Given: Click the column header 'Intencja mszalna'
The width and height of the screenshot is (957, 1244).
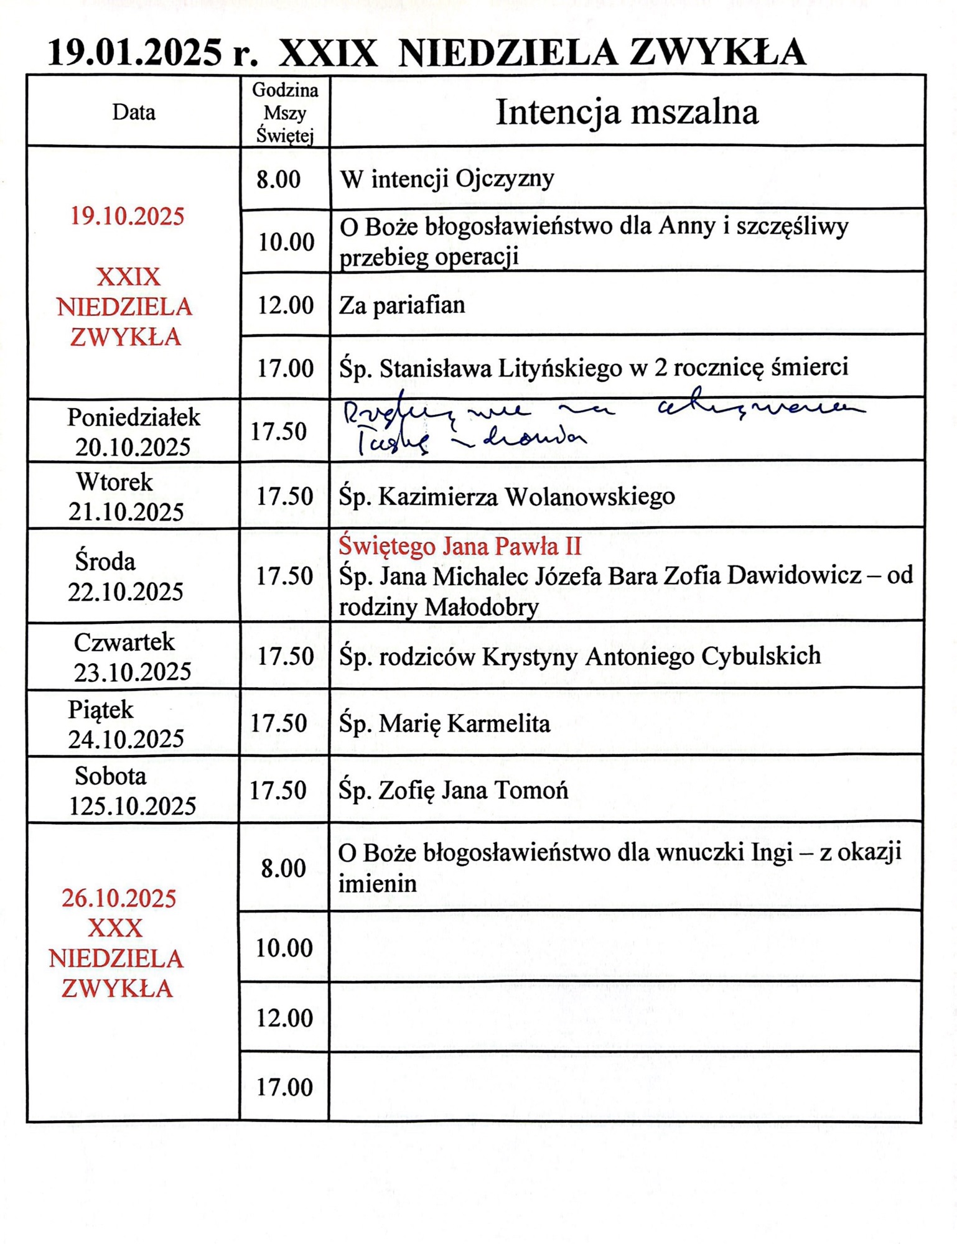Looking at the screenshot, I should coord(626,113).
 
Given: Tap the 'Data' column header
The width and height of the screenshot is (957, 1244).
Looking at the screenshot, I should coord(134,113).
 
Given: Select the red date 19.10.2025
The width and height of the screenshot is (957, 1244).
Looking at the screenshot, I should coord(127,216).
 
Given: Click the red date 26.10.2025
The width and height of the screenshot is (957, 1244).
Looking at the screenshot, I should coord(119,898).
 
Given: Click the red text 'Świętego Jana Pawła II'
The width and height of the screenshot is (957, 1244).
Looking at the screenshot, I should coord(460,546).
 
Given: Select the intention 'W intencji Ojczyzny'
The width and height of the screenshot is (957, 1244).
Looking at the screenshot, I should coord(447,179).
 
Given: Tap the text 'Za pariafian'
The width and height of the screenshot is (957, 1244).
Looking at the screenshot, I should coord(402,305).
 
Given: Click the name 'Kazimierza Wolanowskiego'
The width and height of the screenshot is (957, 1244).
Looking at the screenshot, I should coord(526,496).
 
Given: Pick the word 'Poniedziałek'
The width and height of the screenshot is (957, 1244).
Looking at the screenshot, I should coord(134,417).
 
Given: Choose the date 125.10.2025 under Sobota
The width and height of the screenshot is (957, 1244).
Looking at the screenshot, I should coord(132,806).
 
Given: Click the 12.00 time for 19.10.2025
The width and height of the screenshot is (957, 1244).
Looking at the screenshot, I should coord(285,305).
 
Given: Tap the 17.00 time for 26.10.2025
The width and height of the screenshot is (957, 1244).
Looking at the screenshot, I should coord(284,1087).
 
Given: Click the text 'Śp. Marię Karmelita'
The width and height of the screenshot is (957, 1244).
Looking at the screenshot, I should coord(444,723).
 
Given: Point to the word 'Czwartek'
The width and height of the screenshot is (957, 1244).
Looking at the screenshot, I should coord(124,643).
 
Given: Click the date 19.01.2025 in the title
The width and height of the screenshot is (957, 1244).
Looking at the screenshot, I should coord(134,52).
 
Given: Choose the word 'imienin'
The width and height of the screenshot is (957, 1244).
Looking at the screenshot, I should coord(377,884).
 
